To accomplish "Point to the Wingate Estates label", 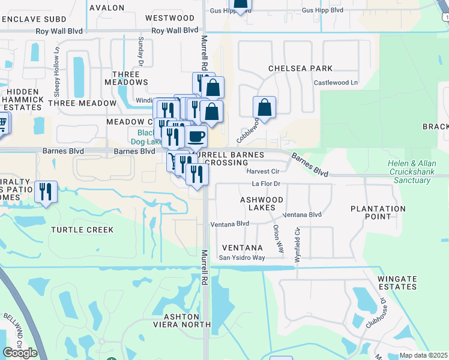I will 397,283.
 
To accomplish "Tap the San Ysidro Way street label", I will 241,258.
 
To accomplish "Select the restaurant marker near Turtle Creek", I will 46,192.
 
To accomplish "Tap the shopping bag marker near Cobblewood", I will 264,108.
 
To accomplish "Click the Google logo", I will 20,353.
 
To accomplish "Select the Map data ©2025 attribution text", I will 423,355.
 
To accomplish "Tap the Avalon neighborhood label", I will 107,8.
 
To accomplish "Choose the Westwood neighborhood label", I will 170,18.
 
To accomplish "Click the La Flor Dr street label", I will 266,184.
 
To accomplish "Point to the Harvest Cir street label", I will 260,171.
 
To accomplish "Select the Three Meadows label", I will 126,77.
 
